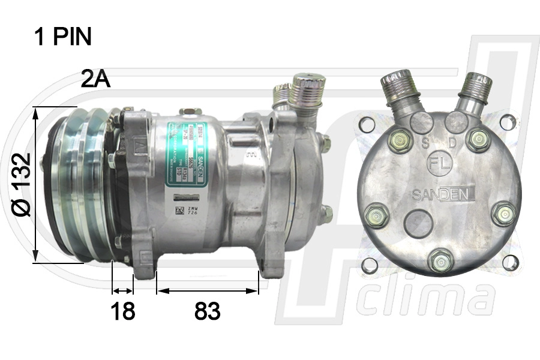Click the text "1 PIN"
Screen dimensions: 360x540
(63, 37)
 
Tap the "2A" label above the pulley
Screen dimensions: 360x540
(96, 79)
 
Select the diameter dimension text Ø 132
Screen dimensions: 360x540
(21, 184)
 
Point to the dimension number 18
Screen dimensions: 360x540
(122, 311)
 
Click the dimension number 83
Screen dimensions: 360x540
(208, 311)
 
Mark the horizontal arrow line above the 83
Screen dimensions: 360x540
(208, 291)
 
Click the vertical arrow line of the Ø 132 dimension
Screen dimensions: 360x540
(37, 184)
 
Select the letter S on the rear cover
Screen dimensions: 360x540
(425, 143)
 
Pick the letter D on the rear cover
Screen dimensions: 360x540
(452, 143)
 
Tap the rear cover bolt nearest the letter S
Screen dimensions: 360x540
(398, 142)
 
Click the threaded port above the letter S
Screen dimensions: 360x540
(397, 88)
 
